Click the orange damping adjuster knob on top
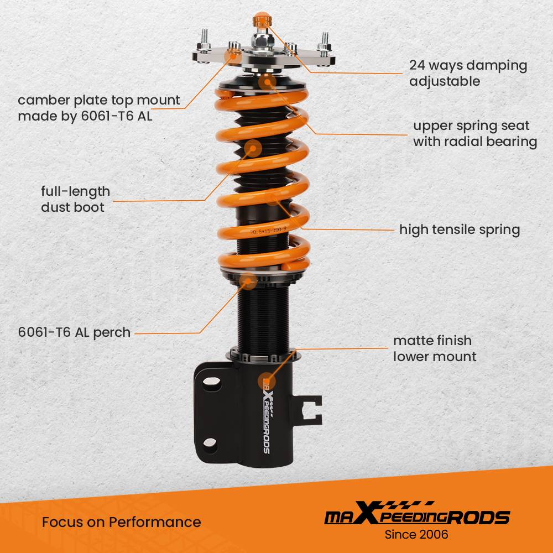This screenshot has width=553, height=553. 260,20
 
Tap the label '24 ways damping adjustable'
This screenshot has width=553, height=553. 468,73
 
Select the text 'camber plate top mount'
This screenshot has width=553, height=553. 98,100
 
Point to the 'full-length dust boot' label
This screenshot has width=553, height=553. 75,199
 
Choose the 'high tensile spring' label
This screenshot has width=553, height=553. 460,229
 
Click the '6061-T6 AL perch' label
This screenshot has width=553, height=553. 74,332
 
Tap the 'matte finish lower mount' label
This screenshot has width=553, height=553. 435,348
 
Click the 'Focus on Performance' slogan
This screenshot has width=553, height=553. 121,521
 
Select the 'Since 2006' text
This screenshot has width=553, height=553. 416,534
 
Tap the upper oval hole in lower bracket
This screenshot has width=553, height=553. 210,383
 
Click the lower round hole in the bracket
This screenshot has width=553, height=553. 210,442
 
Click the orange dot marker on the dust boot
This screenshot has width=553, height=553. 253,148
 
